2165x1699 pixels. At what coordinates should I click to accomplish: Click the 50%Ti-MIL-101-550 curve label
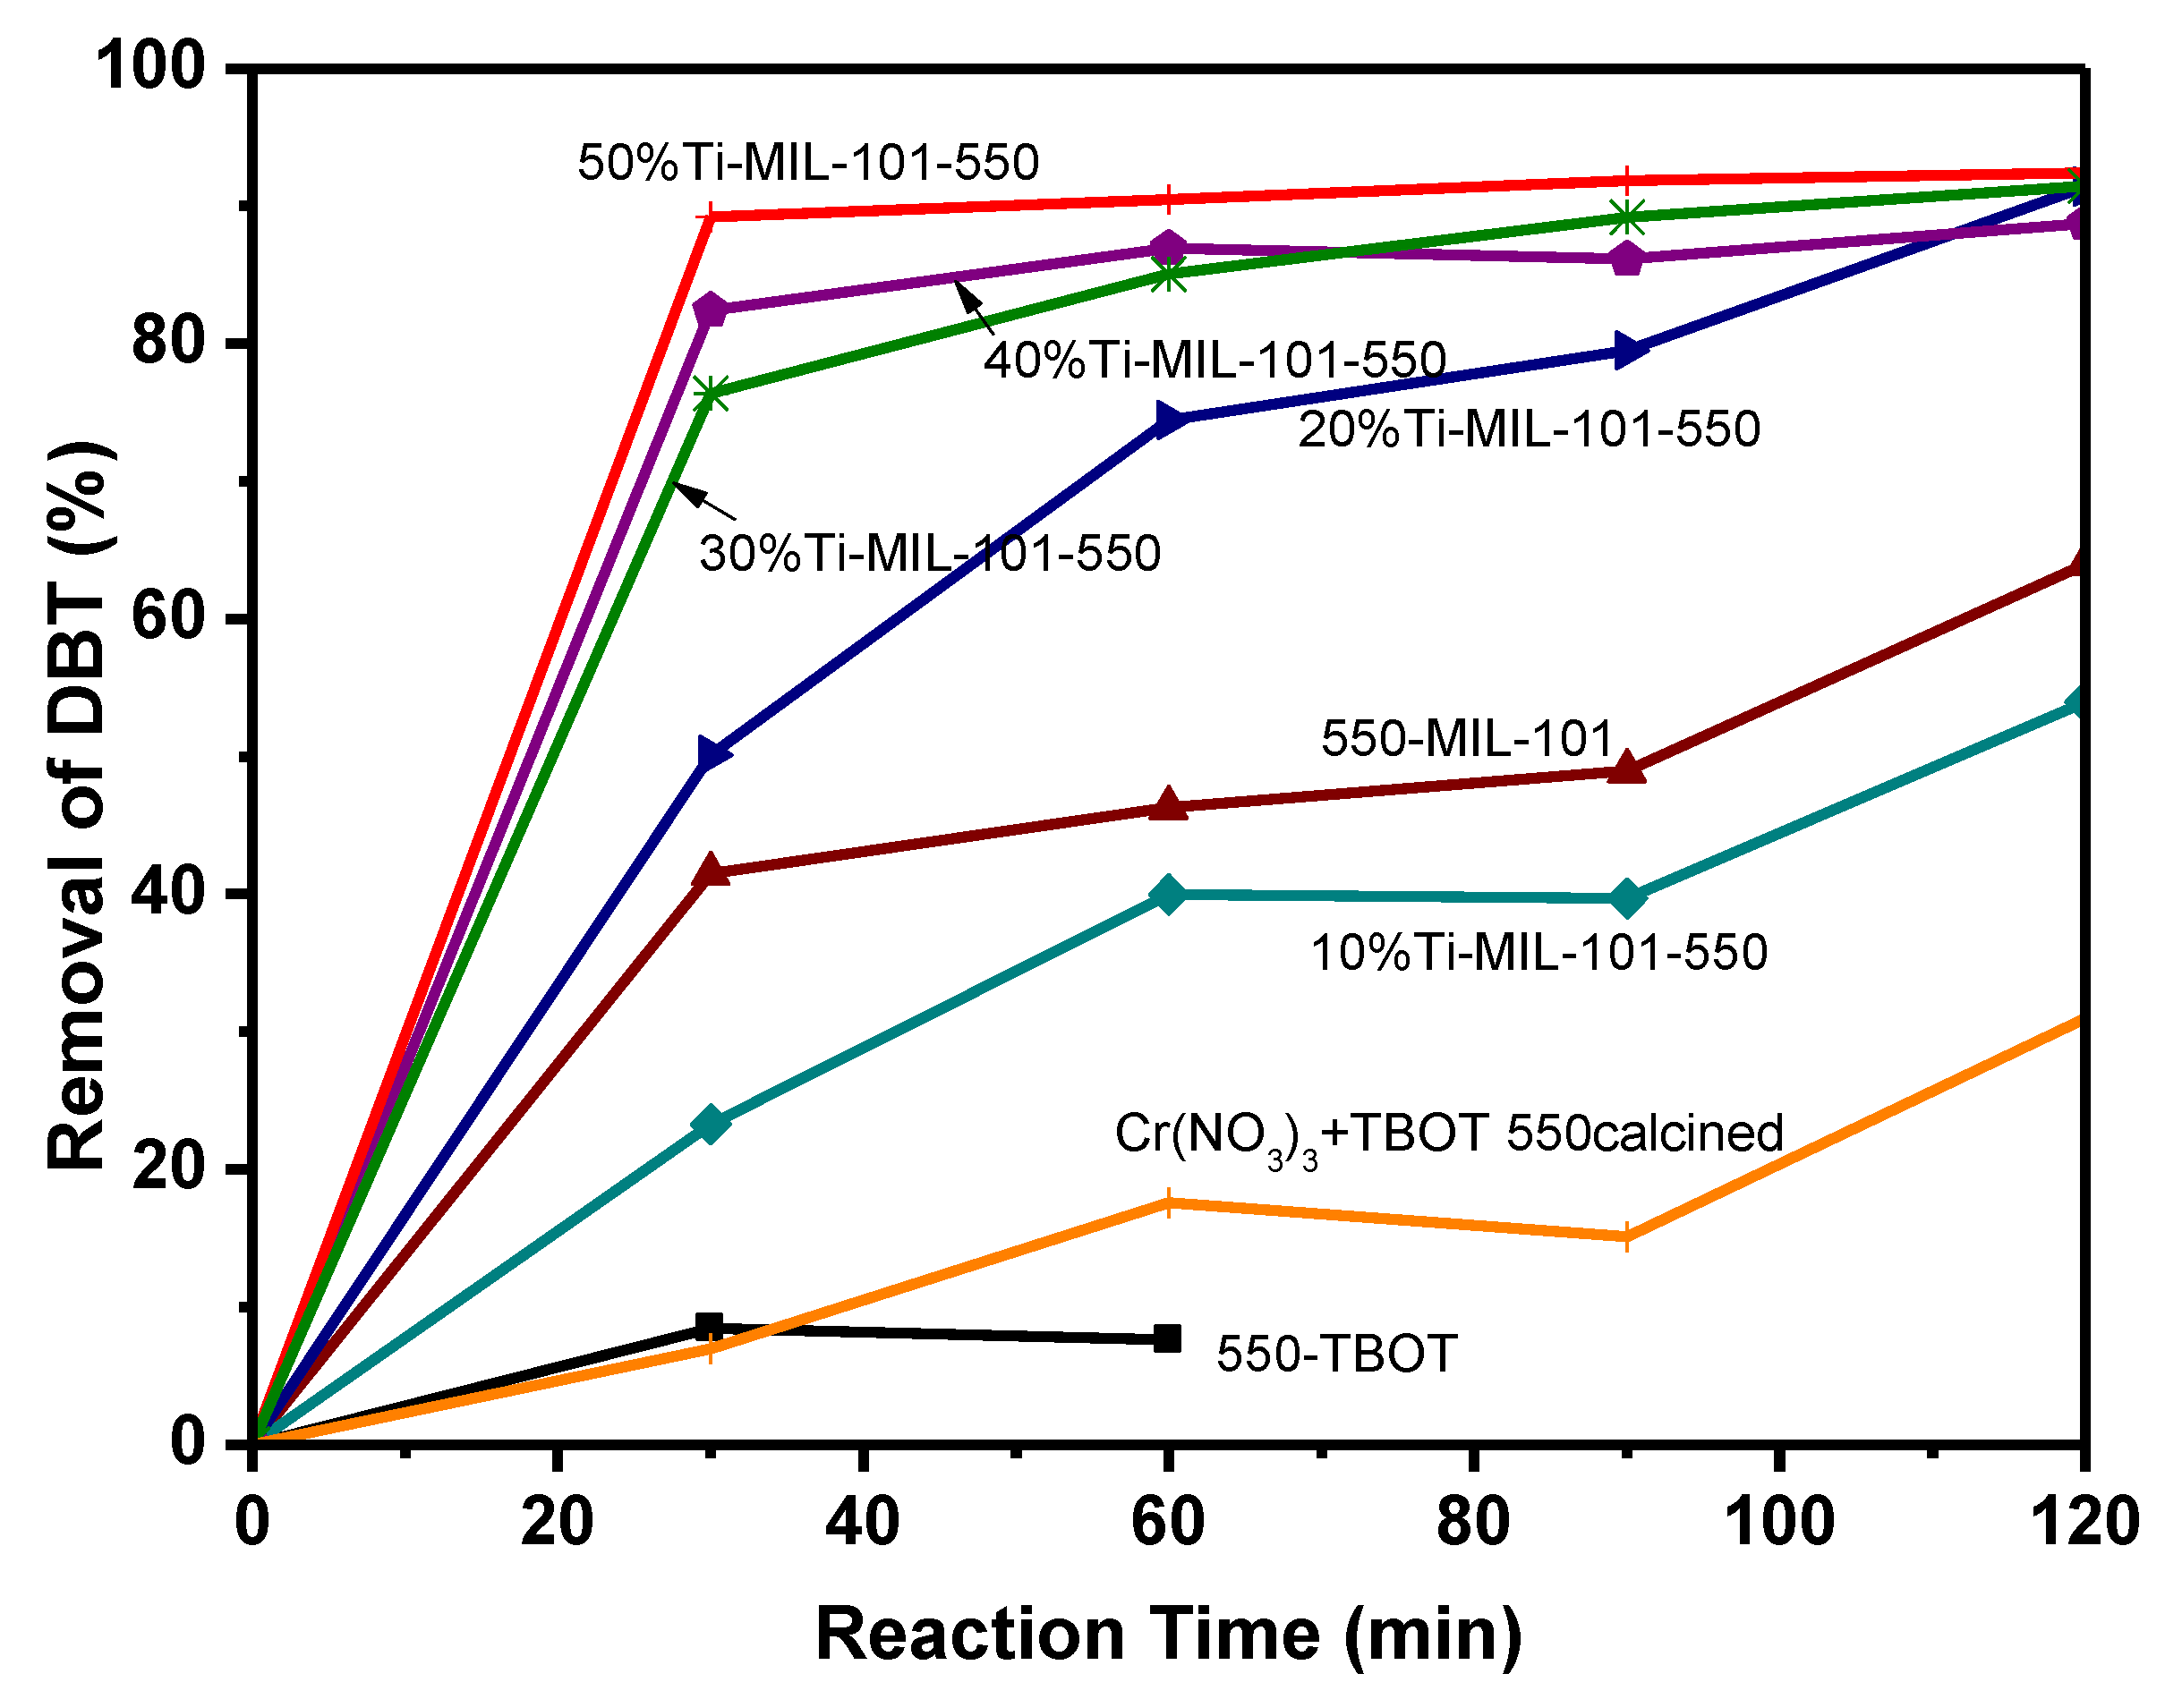pyautogui.click(x=808, y=162)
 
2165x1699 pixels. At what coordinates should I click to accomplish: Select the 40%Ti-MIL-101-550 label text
pyautogui.click(x=1214, y=359)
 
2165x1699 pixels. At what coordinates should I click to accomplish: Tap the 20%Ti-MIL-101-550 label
pyautogui.click(x=1530, y=429)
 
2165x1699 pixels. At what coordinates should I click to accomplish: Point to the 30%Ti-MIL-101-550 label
pyautogui.click(x=929, y=553)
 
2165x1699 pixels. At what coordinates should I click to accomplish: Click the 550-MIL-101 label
pyautogui.click(x=1467, y=738)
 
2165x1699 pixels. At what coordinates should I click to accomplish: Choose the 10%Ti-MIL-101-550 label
pyautogui.click(x=1539, y=952)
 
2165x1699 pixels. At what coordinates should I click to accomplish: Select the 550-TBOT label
pyautogui.click(x=1336, y=1354)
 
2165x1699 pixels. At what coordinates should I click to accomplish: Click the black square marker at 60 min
pyautogui.click(x=1168, y=1339)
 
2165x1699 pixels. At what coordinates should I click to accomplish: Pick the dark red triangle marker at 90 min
pyautogui.click(x=1625, y=769)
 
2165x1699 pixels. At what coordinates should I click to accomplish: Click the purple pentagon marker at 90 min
pyautogui.click(x=1625, y=259)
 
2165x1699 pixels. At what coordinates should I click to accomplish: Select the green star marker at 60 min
pyautogui.click(x=1169, y=274)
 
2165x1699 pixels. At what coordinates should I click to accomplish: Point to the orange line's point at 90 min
pyautogui.click(x=1625, y=1236)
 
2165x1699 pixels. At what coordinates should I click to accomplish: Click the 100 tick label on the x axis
pyautogui.click(x=1778, y=1522)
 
